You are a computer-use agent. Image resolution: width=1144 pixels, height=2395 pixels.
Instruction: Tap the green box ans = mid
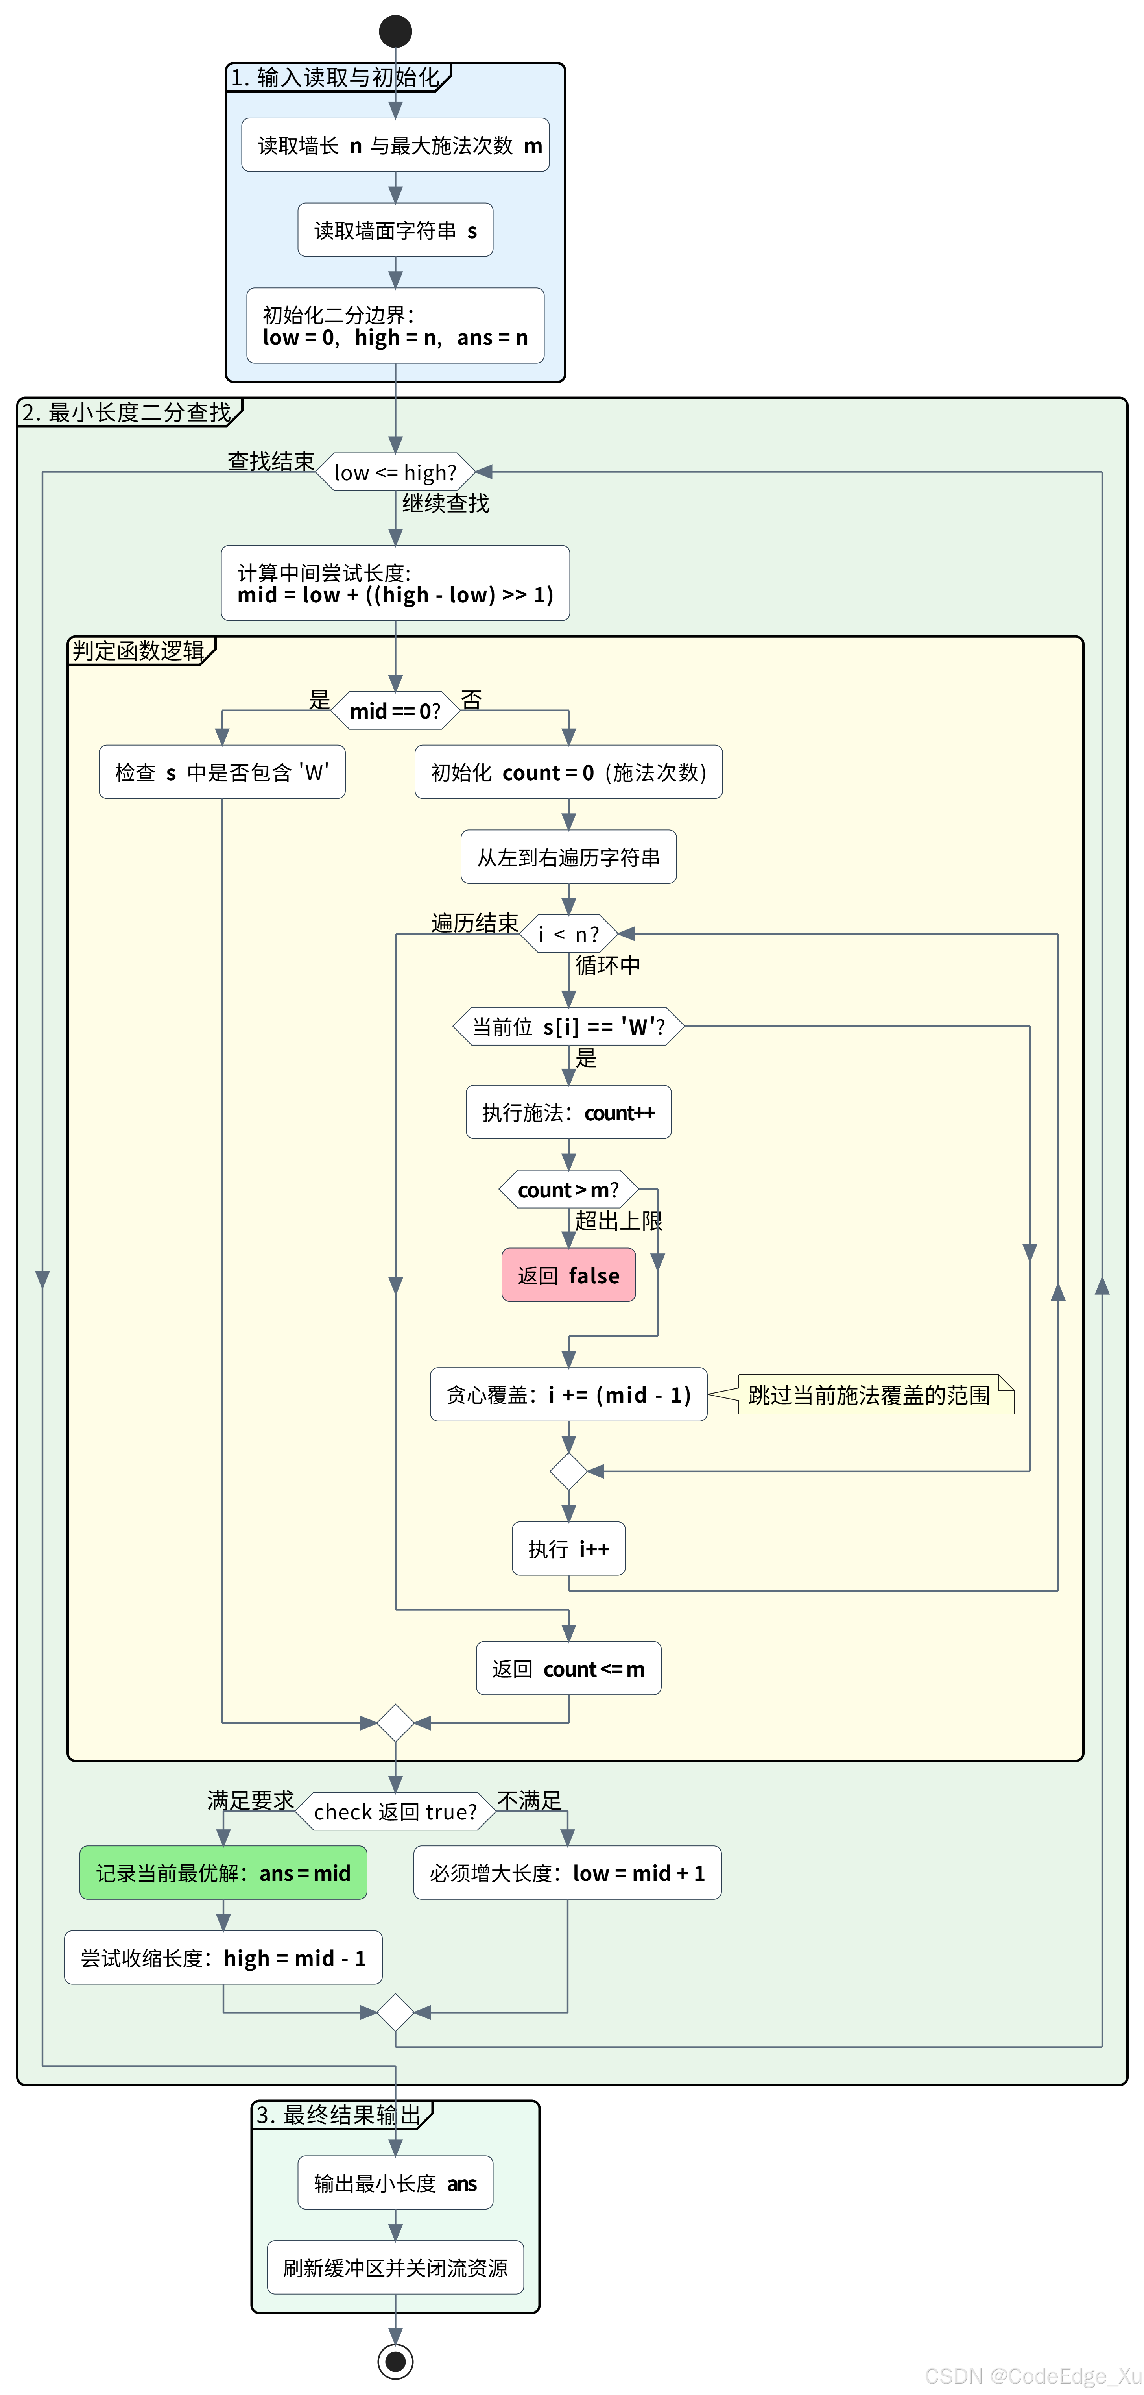tap(223, 1873)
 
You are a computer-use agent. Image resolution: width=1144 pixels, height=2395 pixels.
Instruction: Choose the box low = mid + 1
tap(567, 1873)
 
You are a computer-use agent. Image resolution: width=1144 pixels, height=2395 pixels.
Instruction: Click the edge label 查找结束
tap(270, 461)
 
